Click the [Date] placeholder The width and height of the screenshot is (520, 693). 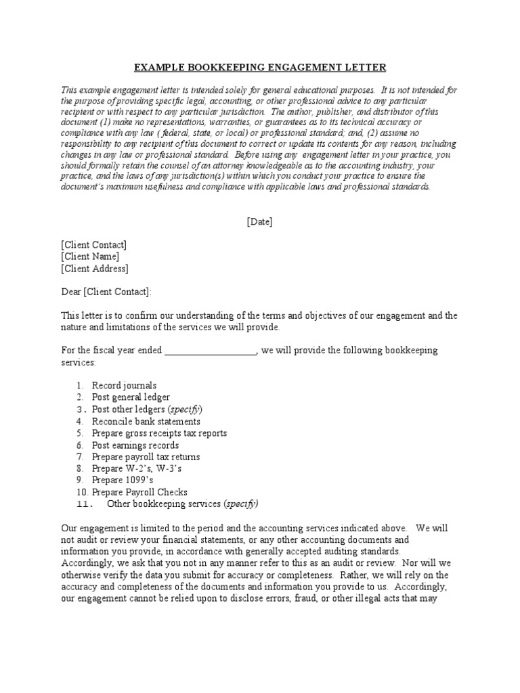click(260, 221)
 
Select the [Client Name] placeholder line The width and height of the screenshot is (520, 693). click(90, 256)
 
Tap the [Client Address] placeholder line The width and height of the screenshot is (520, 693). click(94, 268)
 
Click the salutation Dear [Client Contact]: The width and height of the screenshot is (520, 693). click(107, 292)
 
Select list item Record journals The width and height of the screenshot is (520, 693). click(124, 386)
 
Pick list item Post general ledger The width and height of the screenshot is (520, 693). click(131, 397)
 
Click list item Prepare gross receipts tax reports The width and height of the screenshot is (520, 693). click(159, 433)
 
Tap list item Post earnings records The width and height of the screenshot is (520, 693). click(135, 445)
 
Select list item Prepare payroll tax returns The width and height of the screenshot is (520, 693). click(146, 457)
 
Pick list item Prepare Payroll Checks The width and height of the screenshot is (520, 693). click(139, 492)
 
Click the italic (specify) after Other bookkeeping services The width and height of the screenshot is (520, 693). click(240, 504)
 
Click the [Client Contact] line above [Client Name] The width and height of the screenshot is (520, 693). click(93, 244)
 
